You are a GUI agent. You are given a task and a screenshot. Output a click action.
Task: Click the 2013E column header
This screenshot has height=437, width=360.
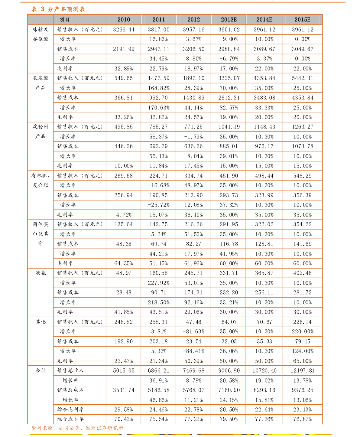tap(229, 19)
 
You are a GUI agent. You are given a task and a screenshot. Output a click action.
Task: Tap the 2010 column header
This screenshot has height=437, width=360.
tap(124, 19)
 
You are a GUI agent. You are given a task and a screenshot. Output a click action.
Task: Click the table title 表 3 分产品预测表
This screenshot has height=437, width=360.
tap(58, 9)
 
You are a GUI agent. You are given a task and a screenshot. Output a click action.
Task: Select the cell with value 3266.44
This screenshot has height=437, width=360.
tap(124, 30)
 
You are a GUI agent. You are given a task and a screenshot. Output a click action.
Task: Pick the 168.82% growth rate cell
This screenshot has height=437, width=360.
tap(159, 88)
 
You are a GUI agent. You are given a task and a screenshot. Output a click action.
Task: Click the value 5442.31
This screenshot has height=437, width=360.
tap(303, 78)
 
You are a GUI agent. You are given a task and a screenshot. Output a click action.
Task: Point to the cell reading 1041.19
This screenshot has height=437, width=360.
tap(229, 127)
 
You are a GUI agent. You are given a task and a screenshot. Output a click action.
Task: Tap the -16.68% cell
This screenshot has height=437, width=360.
tap(159, 185)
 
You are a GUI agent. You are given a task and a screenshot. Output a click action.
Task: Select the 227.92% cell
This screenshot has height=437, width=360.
tap(159, 283)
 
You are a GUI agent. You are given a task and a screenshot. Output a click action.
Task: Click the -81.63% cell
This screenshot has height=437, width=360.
tap(193, 331)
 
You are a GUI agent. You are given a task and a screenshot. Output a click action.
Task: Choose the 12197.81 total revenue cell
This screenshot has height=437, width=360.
tap(303, 370)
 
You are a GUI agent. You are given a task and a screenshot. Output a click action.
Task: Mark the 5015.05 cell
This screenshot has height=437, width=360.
tap(124, 370)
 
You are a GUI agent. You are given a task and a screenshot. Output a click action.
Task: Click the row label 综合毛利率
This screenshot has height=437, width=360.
tap(70, 409)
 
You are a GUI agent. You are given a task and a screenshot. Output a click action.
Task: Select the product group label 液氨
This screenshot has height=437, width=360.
tap(41, 273)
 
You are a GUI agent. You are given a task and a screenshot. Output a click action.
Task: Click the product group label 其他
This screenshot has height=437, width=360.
tap(41, 322)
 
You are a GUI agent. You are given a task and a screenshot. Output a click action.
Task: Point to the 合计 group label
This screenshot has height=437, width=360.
tap(41, 370)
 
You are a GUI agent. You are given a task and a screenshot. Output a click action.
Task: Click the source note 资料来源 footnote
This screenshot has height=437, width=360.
tap(77, 428)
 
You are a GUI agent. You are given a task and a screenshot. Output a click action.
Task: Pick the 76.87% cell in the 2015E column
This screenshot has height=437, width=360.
tap(303, 419)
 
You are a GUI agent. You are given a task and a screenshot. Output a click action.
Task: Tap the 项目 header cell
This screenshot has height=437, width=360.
tap(65, 19)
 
